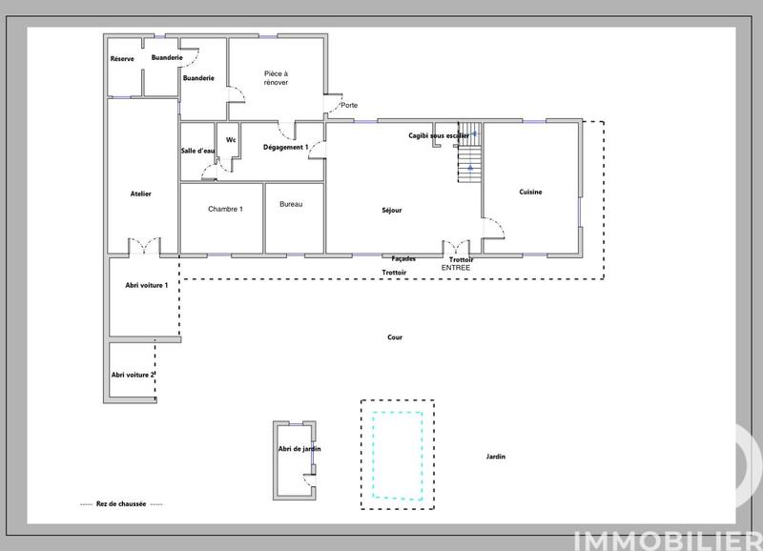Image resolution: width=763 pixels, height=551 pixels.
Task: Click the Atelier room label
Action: point(140,194)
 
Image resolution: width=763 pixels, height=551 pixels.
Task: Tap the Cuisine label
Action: point(530,193)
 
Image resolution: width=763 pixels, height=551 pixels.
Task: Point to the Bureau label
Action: point(291,205)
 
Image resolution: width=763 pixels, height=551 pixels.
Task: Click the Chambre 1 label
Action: point(225,209)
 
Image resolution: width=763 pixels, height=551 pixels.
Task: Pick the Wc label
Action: point(230,140)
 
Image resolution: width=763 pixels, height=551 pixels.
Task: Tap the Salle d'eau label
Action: point(197,151)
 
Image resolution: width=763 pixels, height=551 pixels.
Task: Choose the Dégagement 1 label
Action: point(285,148)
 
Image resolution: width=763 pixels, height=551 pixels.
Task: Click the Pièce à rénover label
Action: point(277,77)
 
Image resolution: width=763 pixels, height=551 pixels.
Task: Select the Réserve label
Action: point(122,59)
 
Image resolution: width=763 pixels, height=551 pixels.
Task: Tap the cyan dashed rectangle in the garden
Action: point(398,455)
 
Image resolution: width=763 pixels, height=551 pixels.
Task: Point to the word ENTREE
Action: point(456,268)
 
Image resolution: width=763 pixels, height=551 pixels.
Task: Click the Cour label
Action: point(395,337)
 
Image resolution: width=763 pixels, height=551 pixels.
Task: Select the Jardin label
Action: point(495,457)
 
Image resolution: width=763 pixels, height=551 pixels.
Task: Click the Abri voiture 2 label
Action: point(133,375)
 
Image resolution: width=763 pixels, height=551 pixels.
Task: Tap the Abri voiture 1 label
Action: point(147,285)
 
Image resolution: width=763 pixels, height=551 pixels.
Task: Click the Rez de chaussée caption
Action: point(121,504)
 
